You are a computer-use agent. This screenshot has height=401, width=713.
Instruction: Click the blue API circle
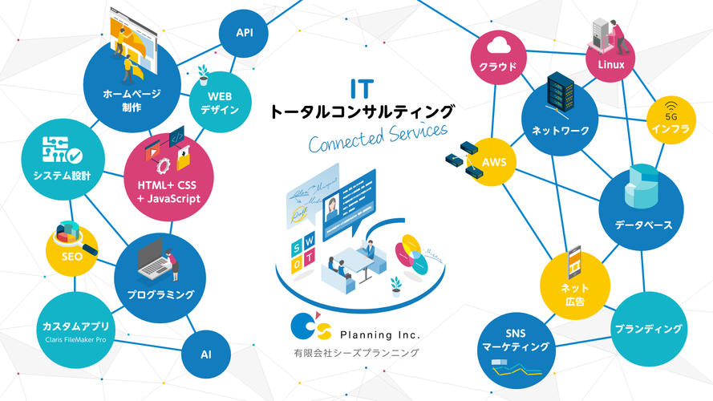coord(245,33)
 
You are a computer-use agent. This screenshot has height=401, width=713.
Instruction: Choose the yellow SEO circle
coord(73,249)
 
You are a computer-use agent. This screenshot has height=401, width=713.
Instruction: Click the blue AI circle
coord(206,353)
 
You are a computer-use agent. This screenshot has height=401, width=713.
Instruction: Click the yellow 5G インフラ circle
coord(670,120)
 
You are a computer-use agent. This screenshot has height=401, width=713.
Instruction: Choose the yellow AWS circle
coord(494,161)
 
